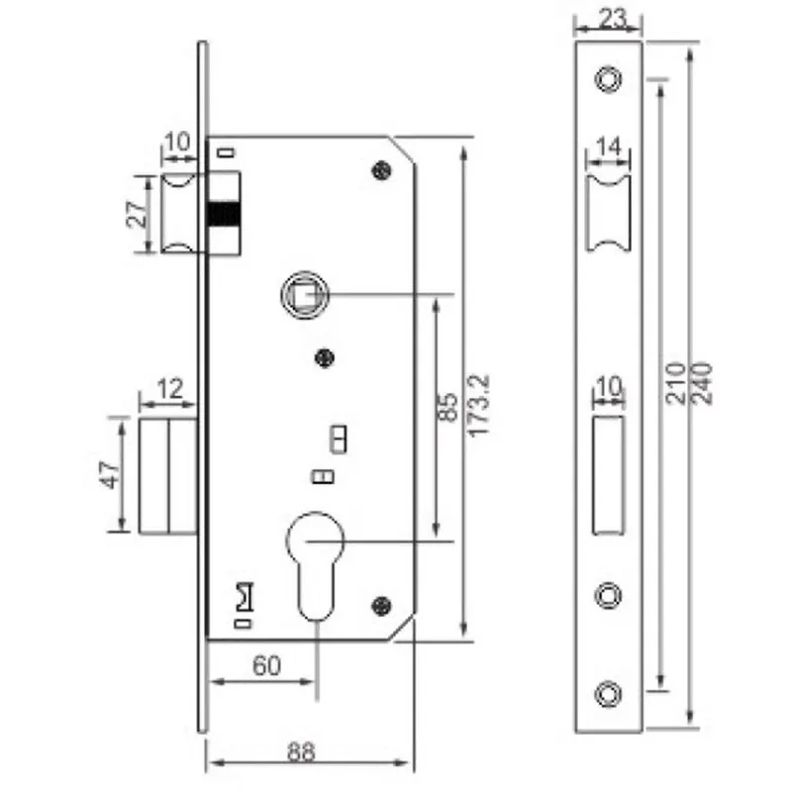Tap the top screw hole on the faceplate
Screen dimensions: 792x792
pyautogui.click(x=608, y=78)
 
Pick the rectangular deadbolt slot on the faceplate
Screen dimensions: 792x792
pyautogui.click(x=608, y=474)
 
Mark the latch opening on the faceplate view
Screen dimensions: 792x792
pyautogui.click(x=609, y=215)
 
